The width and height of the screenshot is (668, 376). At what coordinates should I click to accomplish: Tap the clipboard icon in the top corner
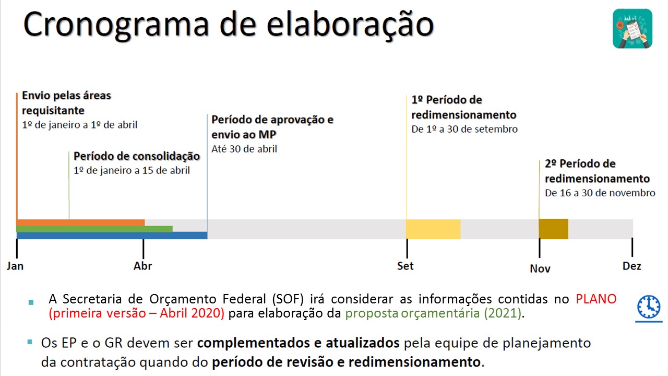[633, 29]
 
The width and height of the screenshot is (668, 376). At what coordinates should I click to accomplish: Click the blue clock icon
[649, 307]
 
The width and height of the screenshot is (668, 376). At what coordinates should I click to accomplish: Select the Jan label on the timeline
[15, 266]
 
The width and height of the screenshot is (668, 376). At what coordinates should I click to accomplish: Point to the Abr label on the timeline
[143, 266]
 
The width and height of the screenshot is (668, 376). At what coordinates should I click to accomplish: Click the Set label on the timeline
[405, 266]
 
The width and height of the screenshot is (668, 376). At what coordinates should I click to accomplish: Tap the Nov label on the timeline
[540, 268]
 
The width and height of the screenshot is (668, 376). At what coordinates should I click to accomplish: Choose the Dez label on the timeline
[632, 266]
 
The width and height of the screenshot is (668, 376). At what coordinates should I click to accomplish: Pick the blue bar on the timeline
[112, 236]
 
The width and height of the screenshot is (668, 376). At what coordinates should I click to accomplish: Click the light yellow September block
[433, 229]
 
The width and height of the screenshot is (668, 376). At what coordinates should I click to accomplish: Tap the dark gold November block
[553, 229]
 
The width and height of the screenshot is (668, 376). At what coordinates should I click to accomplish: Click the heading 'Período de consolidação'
[137, 156]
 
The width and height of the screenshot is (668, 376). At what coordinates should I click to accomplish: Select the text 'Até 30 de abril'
[244, 149]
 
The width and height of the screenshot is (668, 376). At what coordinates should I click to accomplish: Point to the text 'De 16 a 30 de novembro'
[600, 193]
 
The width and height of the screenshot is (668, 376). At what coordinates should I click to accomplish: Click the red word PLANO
[596, 299]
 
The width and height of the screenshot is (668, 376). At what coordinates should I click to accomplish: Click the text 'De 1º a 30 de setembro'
[464, 129]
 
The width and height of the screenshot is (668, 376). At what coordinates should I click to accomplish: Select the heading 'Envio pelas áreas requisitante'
[66, 103]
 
